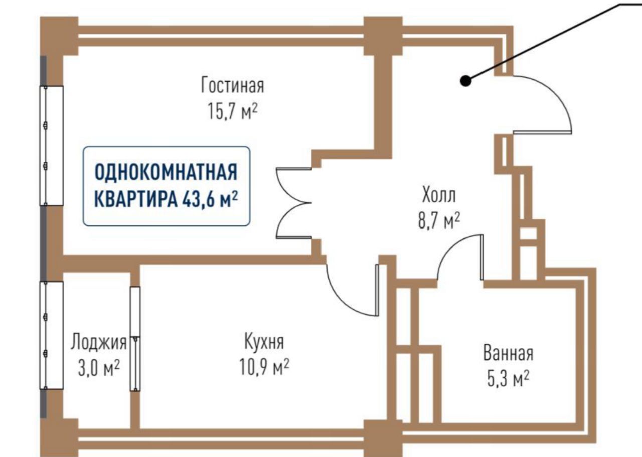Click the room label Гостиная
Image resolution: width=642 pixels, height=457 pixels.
pyautogui.click(x=232, y=85)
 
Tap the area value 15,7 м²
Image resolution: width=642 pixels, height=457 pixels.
pyautogui.click(x=232, y=111)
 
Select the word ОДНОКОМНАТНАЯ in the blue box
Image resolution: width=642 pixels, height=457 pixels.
pyautogui.click(x=166, y=173)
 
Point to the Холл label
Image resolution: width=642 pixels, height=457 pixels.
pyautogui.click(x=439, y=194)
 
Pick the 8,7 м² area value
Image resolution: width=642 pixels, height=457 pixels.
pyautogui.click(x=439, y=220)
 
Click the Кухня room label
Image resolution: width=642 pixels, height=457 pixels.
pyautogui.click(x=264, y=342)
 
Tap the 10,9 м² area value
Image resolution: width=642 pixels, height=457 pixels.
pyautogui.click(x=264, y=368)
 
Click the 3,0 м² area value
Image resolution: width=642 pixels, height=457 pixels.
pyautogui.click(x=98, y=369)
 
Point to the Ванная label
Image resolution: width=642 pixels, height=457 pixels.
pyautogui.click(x=508, y=353)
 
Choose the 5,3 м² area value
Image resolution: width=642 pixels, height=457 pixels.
pyautogui.click(x=508, y=379)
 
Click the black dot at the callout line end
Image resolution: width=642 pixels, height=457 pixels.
pyautogui.click(x=466, y=80)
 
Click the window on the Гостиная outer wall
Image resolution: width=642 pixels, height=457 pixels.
pyautogui.click(x=52, y=145)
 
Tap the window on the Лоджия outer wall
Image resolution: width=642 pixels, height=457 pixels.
pyautogui.click(x=52, y=335)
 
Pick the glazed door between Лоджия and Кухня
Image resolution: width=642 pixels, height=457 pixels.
pyautogui.click(x=135, y=338)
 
